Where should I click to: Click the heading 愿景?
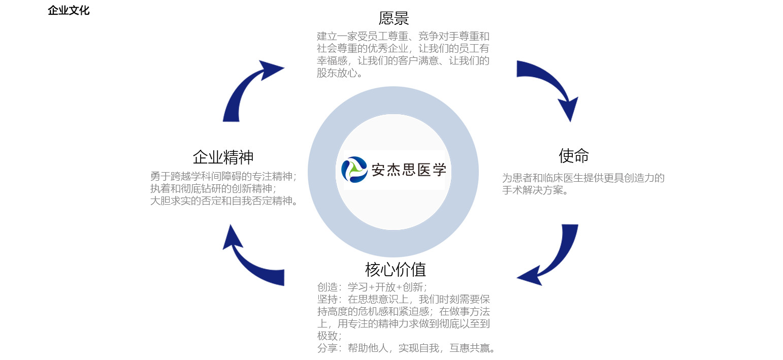click(x=394, y=18)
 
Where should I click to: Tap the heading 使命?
click(x=573, y=156)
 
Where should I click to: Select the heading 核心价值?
click(x=395, y=269)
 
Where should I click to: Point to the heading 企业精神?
click(x=223, y=157)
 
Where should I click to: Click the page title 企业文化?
click(x=69, y=11)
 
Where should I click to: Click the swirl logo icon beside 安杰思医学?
click(x=354, y=170)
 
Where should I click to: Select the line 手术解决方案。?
click(x=535, y=191)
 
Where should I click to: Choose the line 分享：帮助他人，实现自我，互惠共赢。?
click(x=406, y=348)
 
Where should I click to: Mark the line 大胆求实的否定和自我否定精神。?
click(x=224, y=201)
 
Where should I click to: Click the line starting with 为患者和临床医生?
click(x=583, y=178)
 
